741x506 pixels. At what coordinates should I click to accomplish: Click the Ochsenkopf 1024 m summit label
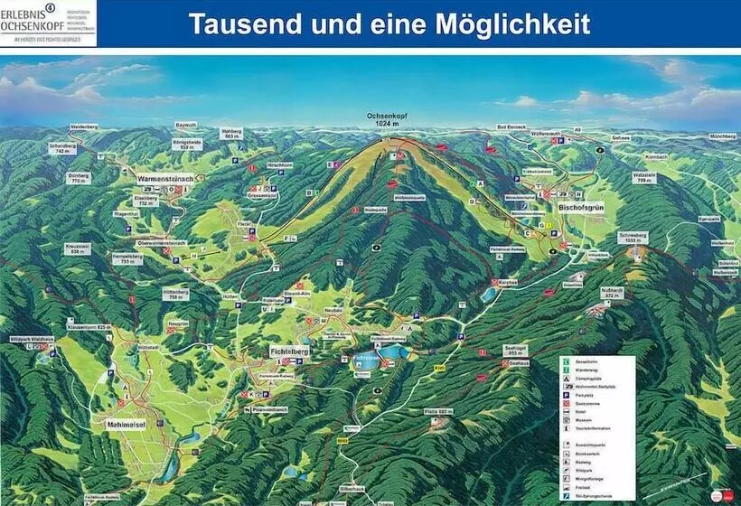click(x=389, y=119)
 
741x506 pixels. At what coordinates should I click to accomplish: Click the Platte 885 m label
click(x=436, y=411)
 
